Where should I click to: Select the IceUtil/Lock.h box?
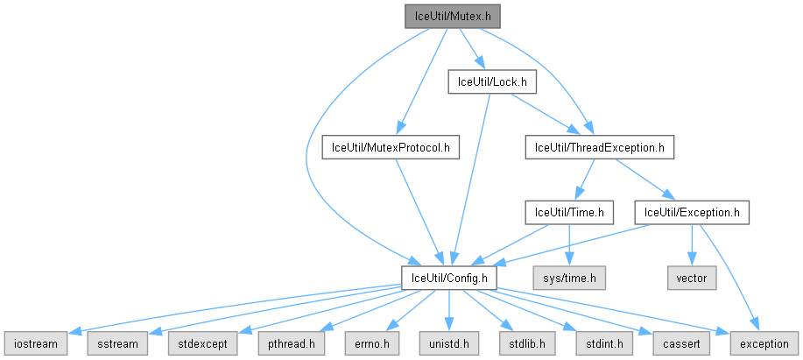click(x=491, y=82)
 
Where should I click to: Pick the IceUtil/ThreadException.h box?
click(x=599, y=147)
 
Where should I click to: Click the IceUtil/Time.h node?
click(x=569, y=212)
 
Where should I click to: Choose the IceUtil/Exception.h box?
click(x=692, y=212)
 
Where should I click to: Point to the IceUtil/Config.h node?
click(x=449, y=278)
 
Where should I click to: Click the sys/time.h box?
click(x=570, y=278)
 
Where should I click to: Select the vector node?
click(x=692, y=278)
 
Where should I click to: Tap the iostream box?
click(x=34, y=343)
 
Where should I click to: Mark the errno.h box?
click(x=370, y=343)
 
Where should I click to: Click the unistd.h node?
click(x=449, y=343)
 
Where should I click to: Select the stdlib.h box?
click(x=524, y=343)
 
